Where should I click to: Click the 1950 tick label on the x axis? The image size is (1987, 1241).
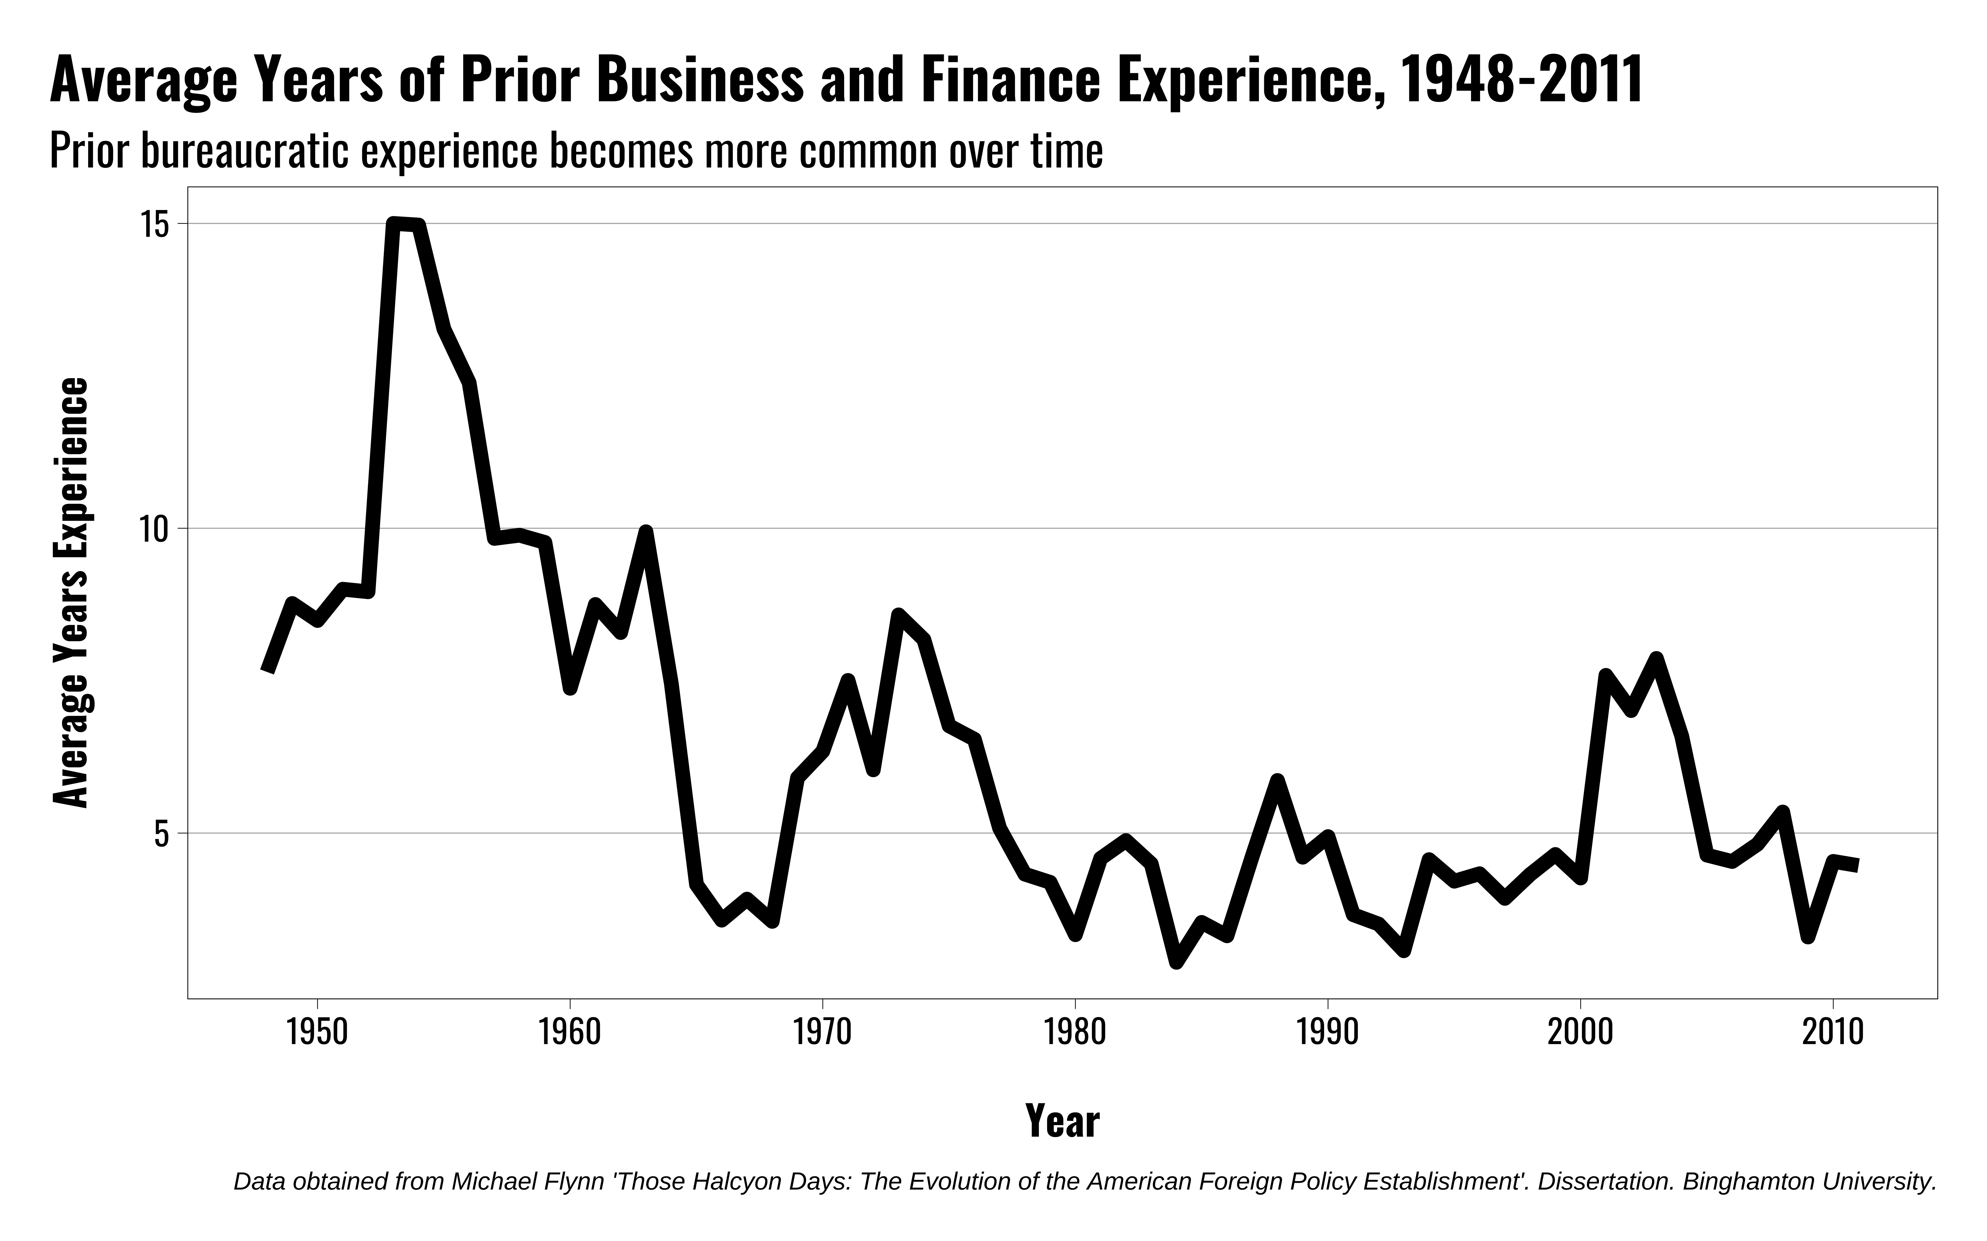pos(317,1033)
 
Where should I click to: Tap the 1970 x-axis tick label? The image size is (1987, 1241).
pos(822,1033)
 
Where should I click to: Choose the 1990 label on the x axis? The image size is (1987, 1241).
pos(1327,1033)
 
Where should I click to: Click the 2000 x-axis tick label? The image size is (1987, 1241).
pos(1580,1033)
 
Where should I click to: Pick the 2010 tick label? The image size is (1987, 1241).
pos(1833,1033)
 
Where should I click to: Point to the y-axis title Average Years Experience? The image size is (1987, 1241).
pos(70,593)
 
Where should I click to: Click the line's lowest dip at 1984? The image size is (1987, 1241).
pos(1177,960)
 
